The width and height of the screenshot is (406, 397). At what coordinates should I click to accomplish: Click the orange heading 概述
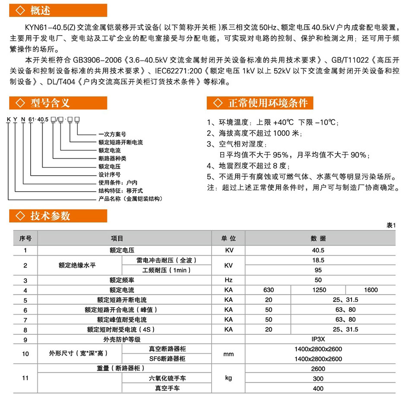click(x=41, y=10)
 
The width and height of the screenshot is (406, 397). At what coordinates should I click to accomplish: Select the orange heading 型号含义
click(x=50, y=103)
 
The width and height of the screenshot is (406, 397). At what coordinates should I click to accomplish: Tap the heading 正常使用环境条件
click(x=268, y=103)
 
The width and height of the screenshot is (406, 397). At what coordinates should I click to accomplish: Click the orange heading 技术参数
click(x=50, y=216)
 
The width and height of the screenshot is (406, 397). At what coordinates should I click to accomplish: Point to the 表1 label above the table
click(x=391, y=225)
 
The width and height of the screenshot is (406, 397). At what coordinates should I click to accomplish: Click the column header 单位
click(x=228, y=238)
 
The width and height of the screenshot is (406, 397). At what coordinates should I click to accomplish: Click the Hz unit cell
click(x=228, y=280)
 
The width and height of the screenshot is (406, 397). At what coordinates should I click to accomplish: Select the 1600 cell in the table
click(x=371, y=290)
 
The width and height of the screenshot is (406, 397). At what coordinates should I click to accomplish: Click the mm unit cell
click(x=228, y=354)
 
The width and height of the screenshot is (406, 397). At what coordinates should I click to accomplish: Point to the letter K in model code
click(x=8, y=119)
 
